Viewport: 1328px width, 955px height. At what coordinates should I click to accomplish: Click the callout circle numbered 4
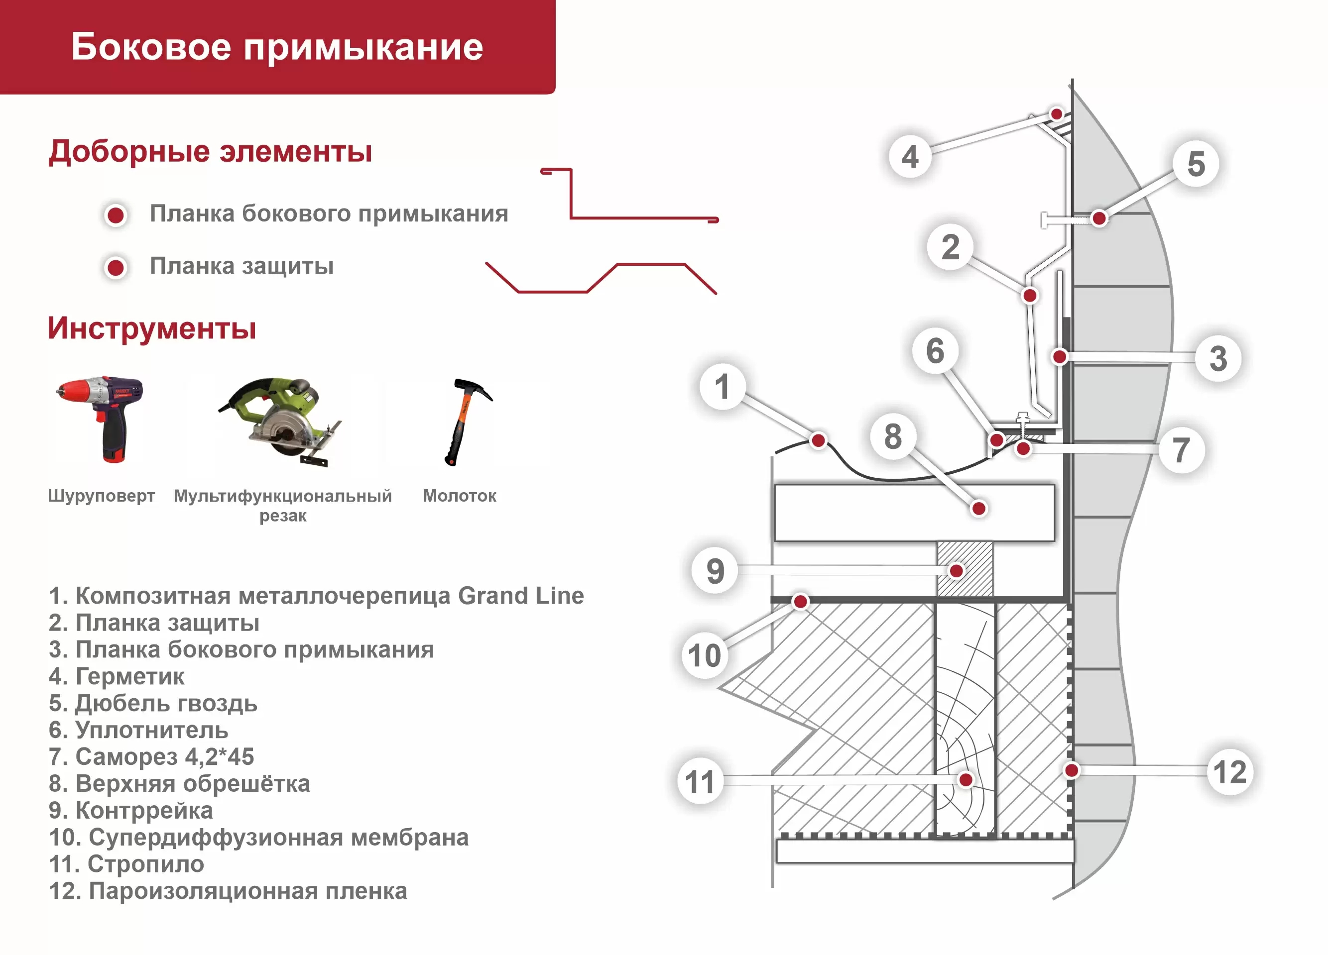(910, 156)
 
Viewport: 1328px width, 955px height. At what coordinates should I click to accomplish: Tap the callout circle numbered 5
(1196, 164)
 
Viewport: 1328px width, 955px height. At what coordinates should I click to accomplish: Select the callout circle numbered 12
(1229, 772)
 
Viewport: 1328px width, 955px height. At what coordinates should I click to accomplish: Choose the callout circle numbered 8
(892, 436)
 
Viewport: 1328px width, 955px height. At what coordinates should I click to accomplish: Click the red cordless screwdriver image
(101, 419)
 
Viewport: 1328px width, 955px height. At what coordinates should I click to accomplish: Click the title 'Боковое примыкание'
(277, 47)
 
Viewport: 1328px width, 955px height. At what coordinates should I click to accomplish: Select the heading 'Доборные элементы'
(210, 152)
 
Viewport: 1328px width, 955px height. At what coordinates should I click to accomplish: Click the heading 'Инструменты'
(152, 328)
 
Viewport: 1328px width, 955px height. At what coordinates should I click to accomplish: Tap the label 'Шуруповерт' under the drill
(101, 496)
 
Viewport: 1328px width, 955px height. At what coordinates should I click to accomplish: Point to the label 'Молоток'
(460, 496)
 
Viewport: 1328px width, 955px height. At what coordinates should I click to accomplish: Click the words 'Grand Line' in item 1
(520, 596)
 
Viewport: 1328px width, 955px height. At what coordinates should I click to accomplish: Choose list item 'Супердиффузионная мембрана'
(259, 838)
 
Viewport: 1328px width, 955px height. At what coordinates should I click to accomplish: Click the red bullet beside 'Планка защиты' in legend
(116, 267)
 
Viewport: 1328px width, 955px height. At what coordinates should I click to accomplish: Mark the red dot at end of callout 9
(956, 570)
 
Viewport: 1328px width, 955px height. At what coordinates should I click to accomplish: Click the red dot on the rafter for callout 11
(966, 779)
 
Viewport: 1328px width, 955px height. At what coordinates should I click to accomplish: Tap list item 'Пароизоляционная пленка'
(229, 891)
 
